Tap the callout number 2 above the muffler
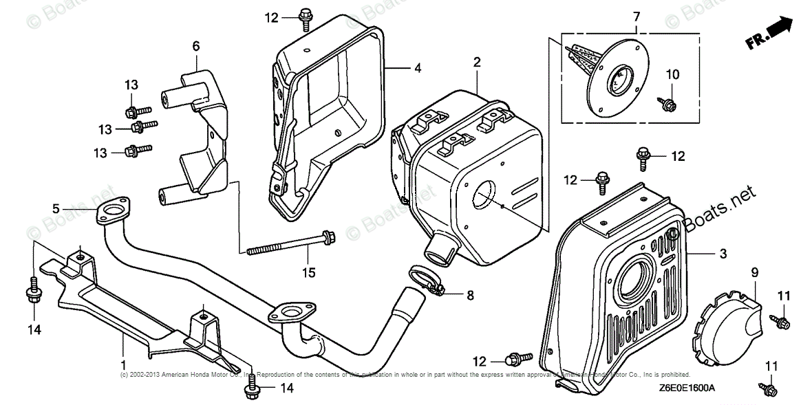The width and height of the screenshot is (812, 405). [x=476, y=63]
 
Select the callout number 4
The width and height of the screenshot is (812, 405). [x=417, y=68]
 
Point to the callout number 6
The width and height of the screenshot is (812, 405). [x=196, y=46]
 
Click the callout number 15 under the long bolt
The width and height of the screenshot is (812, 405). [x=308, y=273]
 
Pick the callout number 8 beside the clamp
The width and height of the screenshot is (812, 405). [x=470, y=296]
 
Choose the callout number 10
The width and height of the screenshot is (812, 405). [x=672, y=74]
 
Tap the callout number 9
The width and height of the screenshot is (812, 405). [x=754, y=273]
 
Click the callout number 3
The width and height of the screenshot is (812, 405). [x=723, y=254]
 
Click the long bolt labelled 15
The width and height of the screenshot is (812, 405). [x=289, y=245]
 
